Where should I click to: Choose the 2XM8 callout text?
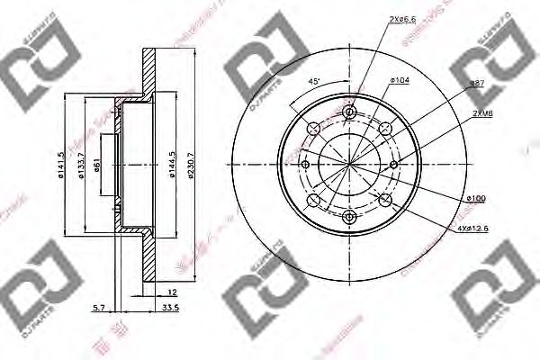tap(481, 115)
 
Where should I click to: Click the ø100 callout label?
tap(476, 196)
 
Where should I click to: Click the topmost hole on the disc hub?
tap(350, 112)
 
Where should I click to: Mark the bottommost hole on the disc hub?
tap(350, 216)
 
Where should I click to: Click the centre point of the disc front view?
tap(350, 164)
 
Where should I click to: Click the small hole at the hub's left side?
tap(306, 164)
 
